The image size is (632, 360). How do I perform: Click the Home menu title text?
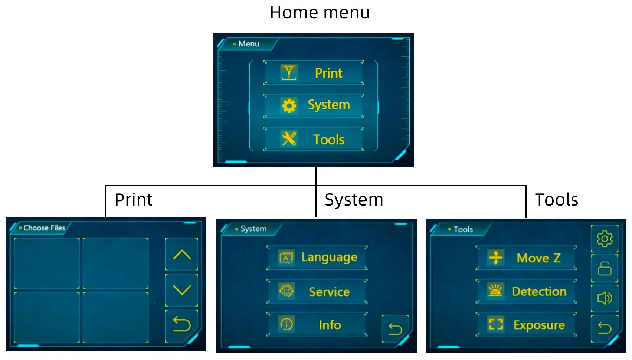click(x=320, y=13)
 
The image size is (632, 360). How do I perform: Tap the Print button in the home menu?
click(x=314, y=73)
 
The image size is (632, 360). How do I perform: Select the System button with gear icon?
click(x=314, y=105)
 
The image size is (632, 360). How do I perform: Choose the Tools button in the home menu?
click(x=314, y=140)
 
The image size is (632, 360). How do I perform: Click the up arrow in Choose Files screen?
click(x=181, y=255)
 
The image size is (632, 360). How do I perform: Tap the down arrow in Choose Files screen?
click(x=181, y=290)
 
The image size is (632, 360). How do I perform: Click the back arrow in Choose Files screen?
click(x=181, y=325)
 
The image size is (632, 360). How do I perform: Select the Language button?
click(x=317, y=257)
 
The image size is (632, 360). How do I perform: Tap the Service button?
click(x=317, y=292)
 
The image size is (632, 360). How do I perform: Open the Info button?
click(x=317, y=325)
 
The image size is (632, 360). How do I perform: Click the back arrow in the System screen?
click(x=395, y=329)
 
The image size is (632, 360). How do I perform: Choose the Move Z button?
click(x=526, y=258)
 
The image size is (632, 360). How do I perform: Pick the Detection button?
click(x=526, y=291)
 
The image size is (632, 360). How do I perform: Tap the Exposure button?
click(x=526, y=325)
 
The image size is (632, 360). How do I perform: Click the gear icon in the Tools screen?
click(x=604, y=239)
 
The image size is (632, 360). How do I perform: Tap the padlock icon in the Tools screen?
click(x=604, y=268)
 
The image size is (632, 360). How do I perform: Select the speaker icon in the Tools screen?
click(x=604, y=298)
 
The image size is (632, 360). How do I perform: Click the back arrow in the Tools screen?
click(x=604, y=327)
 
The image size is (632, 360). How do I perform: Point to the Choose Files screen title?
click(x=44, y=228)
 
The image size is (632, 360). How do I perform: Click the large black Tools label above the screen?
click(x=556, y=200)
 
